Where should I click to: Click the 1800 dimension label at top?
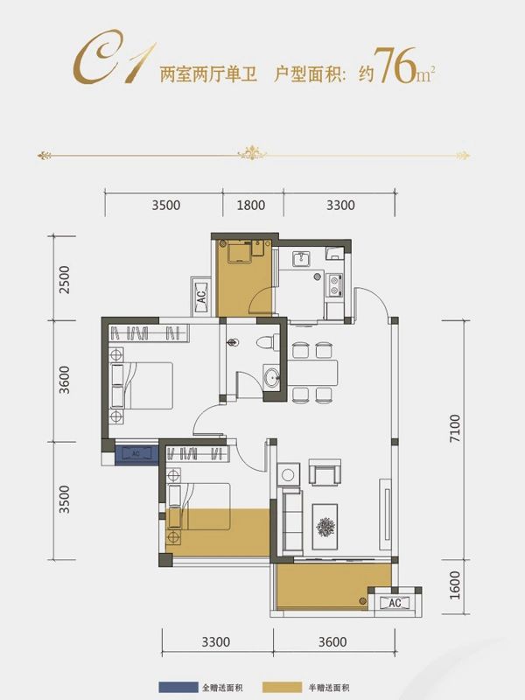coord(251,206)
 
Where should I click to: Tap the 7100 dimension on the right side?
coord(454,428)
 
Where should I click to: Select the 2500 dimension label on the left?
coord(65,279)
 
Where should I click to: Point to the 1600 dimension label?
coord(454,584)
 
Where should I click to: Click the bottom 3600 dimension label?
coord(332,642)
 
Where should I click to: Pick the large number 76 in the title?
coord(395,66)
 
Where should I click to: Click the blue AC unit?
coord(136,454)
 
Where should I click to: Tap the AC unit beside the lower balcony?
coord(395,603)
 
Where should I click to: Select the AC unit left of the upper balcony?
coord(201,297)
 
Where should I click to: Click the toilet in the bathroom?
coord(268,343)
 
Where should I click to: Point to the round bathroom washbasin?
coord(271,378)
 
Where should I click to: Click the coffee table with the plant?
coord(325,527)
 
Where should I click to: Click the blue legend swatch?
coord(178,688)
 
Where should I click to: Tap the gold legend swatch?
coord(282,688)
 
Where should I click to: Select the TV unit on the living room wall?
coord(385,514)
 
